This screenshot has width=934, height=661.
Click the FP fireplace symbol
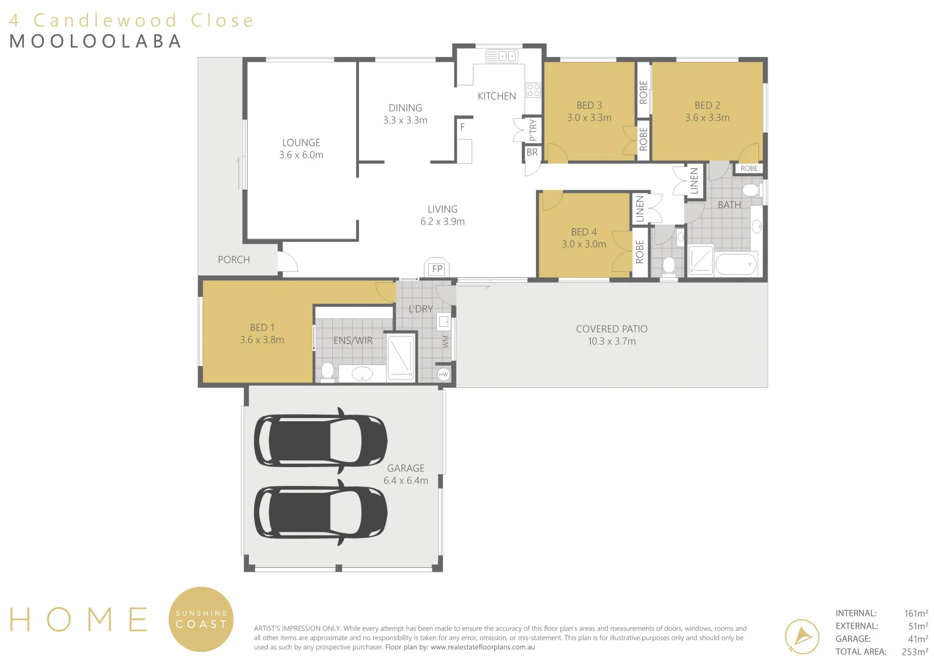tap(437, 268)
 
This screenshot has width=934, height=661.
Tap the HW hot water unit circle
tap(443, 374)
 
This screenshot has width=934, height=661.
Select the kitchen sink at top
tap(501, 56)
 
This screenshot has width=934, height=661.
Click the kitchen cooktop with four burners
tap(533, 91)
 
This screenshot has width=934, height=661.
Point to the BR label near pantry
tap(532, 152)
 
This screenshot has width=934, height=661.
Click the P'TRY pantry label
tap(533, 130)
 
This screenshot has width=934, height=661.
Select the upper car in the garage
tap(321, 441)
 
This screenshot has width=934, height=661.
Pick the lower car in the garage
tap(321, 512)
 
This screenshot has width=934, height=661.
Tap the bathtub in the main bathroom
tap(736, 265)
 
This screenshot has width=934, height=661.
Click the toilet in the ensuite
tap(327, 371)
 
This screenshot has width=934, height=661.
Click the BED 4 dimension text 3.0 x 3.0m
tap(584, 244)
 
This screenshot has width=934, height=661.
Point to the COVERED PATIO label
tap(612, 329)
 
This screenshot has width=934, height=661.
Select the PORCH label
tap(234, 260)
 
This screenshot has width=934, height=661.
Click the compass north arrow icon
tap(802, 636)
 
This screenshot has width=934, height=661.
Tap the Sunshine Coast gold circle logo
tap(201, 619)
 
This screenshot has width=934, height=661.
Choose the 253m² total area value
tap(914, 652)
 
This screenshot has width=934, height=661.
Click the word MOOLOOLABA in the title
tap(96, 41)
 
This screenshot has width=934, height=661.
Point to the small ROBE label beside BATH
tap(749, 168)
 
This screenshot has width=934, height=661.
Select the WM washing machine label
tap(445, 342)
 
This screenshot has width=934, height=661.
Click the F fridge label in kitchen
tap(462, 127)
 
